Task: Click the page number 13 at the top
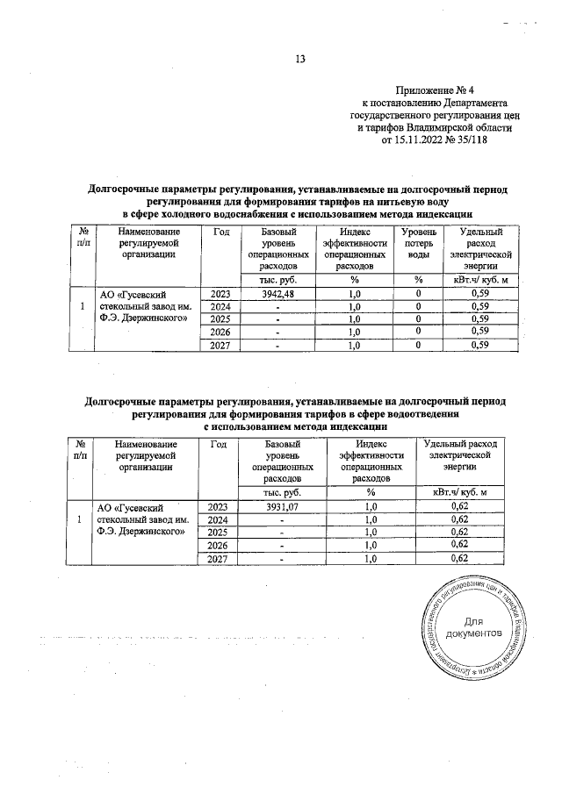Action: coord(299,60)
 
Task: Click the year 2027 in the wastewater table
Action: coord(223,558)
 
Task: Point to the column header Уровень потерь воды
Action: coord(419,242)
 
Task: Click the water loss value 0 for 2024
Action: coord(419,306)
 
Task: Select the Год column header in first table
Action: coord(221,231)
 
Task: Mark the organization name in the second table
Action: coord(142,519)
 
